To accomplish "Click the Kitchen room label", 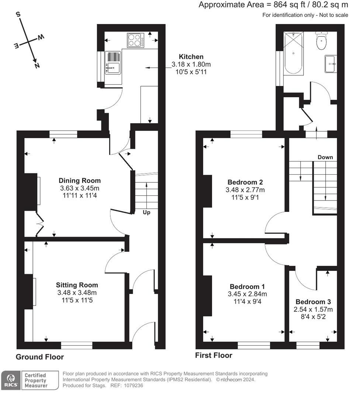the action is pyautogui.click(x=191, y=57).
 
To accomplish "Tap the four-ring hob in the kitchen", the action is pyautogui.click(x=136, y=40).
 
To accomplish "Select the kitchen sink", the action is pyautogui.click(x=113, y=62).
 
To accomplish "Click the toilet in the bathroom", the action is pyautogui.click(x=321, y=41).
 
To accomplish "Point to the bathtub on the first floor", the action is pyautogui.click(x=294, y=53).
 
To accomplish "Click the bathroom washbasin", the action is pyautogui.click(x=331, y=64).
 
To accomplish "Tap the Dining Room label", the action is pyautogui.click(x=80, y=181).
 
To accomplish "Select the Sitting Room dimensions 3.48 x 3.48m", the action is pyautogui.click(x=77, y=293).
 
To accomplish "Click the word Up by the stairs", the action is pyautogui.click(x=146, y=212).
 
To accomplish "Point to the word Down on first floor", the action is pyautogui.click(x=325, y=157).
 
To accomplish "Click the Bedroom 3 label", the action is pyautogui.click(x=313, y=302).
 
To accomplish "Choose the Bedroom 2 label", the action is pyautogui.click(x=245, y=182).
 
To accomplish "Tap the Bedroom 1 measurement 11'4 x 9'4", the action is pyautogui.click(x=247, y=301).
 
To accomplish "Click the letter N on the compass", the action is pyautogui.click(x=37, y=66).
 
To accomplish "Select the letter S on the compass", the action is pyautogui.click(x=18, y=14).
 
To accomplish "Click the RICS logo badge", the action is pyautogui.click(x=11, y=380).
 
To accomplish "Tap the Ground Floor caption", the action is pyautogui.click(x=39, y=357).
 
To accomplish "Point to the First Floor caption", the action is pyautogui.click(x=214, y=355).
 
